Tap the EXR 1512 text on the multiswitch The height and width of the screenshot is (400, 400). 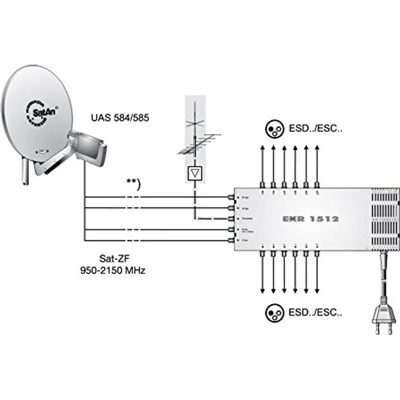pos(310,219)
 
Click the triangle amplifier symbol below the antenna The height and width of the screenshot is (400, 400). pos(194,173)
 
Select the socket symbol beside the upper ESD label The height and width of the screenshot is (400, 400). pos(274,129)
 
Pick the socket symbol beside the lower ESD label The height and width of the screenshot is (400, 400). pos(274,312)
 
